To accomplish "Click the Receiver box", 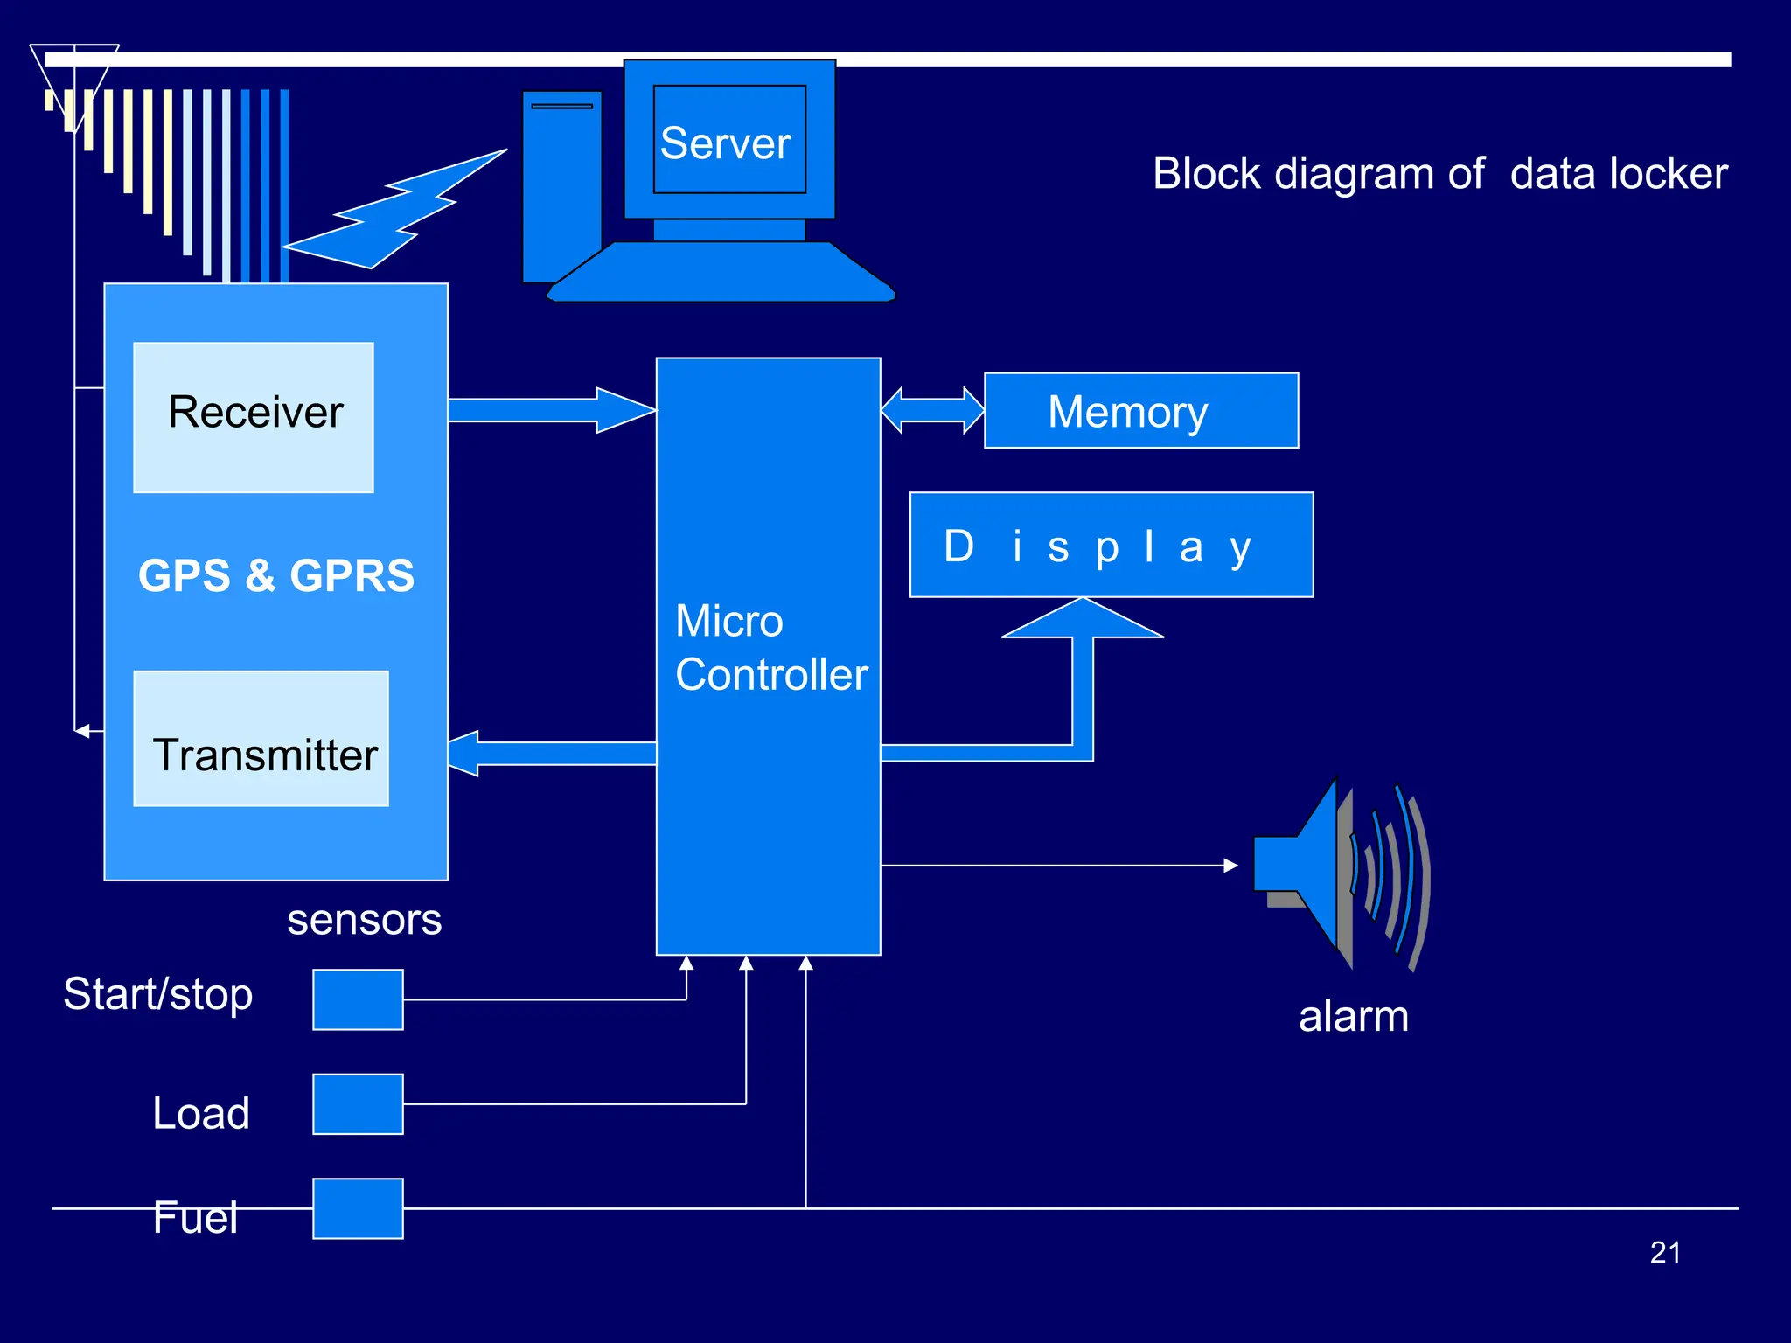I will tap(254, 417).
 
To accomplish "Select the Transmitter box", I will tap(261, 739).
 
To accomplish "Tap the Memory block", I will tap(1140, 411).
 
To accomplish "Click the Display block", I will tap(1111, 545).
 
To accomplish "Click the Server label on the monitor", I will tap(726, 143).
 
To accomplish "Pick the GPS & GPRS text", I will tap(276, 575).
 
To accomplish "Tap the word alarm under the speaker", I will tap(1353, 1016).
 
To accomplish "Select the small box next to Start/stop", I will tap(358, 999).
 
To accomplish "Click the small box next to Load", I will tap(358, 1104).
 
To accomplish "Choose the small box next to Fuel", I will tap(358, 1208).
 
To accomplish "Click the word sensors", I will tap(364, 919).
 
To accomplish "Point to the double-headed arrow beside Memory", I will tap(932, 410).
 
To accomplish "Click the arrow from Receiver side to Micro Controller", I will tap(551, 410).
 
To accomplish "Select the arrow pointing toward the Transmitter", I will tap(551, 753).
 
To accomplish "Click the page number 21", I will tap(1665, 1252).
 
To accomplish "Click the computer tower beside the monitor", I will tap(561, 184).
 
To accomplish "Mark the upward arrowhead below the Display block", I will tap(1083, 620).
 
